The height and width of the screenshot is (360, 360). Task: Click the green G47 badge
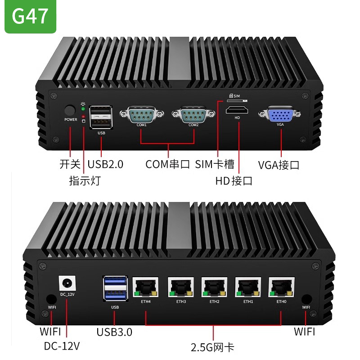click(x=30, y=17)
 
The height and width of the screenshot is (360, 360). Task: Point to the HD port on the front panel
click(x=237, y=111)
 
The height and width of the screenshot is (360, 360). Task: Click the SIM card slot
click(x=239, y=101)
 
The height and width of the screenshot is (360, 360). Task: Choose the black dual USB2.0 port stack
click(x=101, y=117)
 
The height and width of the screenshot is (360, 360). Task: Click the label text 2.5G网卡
click(x=213, y=347)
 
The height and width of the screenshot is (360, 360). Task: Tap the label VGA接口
click(x=279, y=165)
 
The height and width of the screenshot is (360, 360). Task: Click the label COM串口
click(x=168, y=164)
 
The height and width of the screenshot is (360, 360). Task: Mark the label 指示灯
click(x=85, y=180)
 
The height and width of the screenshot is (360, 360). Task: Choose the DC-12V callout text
click(x=62, y=346)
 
